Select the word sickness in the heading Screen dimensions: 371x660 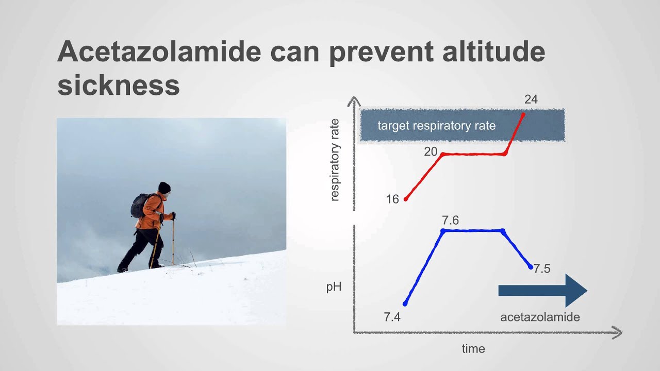(x=119, y=85)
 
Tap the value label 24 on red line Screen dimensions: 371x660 (x=531, y=99)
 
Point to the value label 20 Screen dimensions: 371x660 (x=431, y=151)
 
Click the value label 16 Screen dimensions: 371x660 (x=392, y=199)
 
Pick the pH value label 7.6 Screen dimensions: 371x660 (x=450, y=221)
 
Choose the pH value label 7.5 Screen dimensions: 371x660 (x=542, y=268)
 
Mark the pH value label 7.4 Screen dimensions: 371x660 (x=392, y=317)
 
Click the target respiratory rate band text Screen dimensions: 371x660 (x=436, y=126)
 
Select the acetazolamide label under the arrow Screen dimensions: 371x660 (x=540, y=317)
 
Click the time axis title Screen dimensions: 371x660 (x=473, y=349)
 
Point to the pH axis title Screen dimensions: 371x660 (x=334, y=286)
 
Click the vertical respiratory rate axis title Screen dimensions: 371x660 (x=335, y=160)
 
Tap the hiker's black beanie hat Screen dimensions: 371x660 (x=164, y=187)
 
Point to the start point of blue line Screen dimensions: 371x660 (x=405, y=303)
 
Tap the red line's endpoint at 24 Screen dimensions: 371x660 (x=523, y=114)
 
